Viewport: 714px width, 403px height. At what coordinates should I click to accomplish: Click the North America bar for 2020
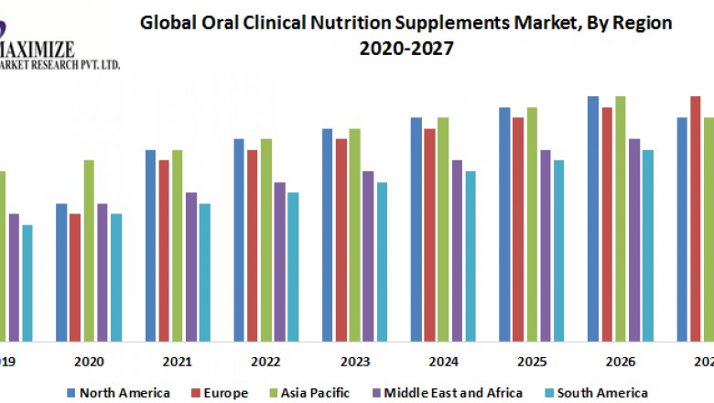[x=61, y=270]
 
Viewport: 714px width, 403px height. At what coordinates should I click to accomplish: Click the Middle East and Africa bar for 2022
[x=279, y=260]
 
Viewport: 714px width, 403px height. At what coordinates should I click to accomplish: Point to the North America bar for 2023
[x=327, y=234]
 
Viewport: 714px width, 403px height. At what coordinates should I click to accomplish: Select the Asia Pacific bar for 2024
[x=443, y=228]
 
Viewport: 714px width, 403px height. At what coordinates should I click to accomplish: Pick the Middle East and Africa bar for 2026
[x=633, y=238]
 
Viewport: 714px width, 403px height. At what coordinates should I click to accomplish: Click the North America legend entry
[x=109, y=393]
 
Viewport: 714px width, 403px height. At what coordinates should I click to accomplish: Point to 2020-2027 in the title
[x=406, y=48]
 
